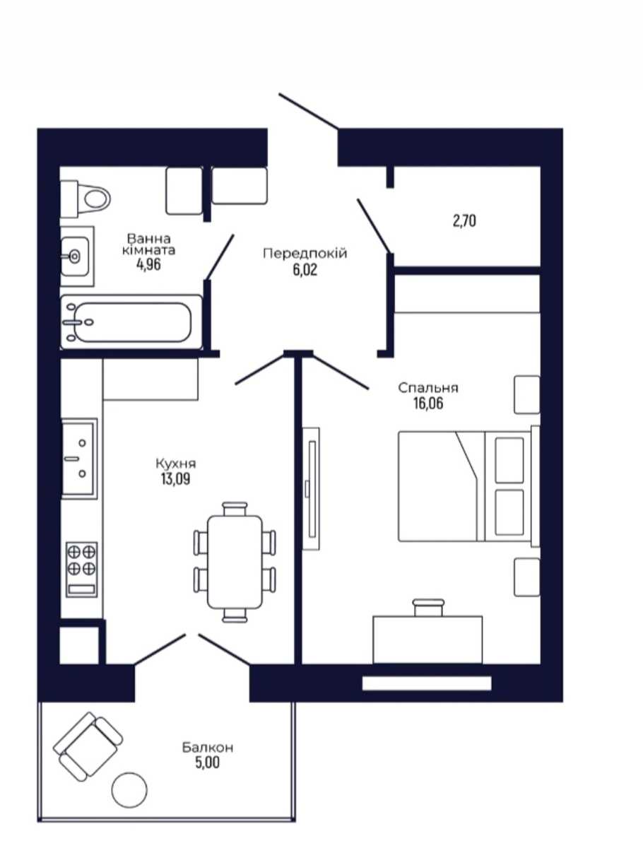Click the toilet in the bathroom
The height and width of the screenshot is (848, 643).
coord(85,199)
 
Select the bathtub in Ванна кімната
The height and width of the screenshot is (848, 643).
coord(131,322)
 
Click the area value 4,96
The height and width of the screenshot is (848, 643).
coord(148,265)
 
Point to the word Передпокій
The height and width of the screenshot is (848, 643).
coord(305,254)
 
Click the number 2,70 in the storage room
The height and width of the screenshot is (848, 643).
coord(464,220)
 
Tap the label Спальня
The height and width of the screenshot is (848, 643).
coord(428,387)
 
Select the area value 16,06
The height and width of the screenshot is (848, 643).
coord(428,404)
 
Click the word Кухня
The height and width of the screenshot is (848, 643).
coord(176,463)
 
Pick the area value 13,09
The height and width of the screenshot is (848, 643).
coord(176,479)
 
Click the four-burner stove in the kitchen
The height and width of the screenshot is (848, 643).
coord(81,570)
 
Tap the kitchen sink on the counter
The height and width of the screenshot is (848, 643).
coord(79,458)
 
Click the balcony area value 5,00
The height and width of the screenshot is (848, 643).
coord(207,762)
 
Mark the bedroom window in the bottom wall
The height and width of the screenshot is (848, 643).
coord(426,683)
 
